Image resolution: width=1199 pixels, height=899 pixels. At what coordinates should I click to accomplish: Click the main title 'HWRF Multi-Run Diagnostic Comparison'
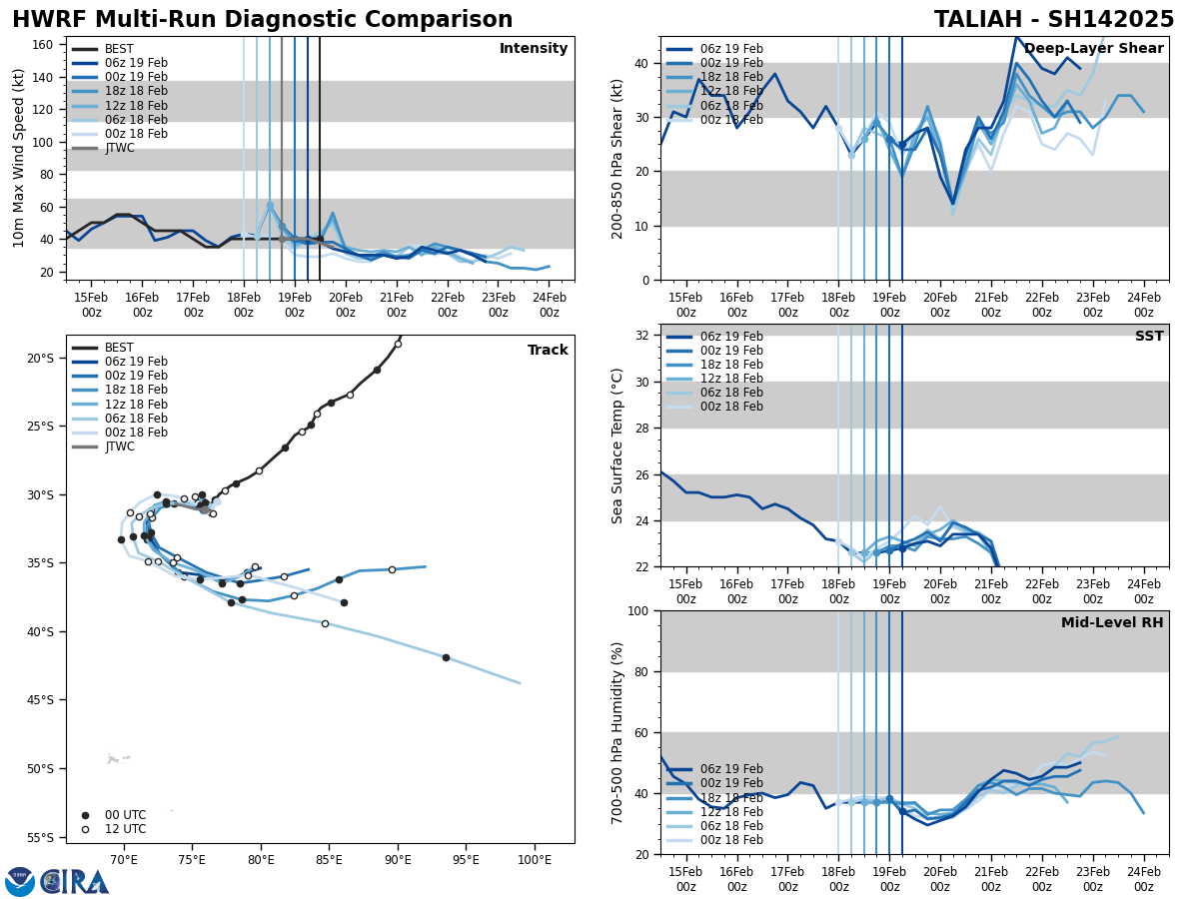point(262,20)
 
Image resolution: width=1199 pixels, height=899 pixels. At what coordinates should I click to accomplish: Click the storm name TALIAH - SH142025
point(1054,20)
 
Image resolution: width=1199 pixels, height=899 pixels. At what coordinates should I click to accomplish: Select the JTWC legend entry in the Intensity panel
point(120,148)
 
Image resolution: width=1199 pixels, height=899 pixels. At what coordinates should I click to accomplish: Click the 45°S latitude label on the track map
point(40,699)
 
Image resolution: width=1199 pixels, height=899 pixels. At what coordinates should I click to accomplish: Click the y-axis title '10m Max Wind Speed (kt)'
point(19,158)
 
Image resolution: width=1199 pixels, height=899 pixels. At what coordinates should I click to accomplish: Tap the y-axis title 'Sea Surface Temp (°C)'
point(617,446)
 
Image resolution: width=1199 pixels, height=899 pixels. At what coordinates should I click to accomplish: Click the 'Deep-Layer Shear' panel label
point(1093,49)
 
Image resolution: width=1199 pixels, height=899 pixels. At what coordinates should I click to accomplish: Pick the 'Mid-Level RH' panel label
point(1112,623)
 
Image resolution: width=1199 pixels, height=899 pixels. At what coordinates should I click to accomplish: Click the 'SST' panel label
point(1149,337)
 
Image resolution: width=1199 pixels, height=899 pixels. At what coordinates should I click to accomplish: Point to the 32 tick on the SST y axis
point(645,336)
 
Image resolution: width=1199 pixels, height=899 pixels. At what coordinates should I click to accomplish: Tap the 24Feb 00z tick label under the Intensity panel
point(549,304)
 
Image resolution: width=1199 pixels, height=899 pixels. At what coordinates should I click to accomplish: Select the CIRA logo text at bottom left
point(76,881)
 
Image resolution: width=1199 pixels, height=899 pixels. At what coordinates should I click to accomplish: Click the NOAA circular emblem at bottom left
point(19,881)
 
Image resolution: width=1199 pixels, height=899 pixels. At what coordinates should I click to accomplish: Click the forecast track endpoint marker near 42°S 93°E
point(446,657)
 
